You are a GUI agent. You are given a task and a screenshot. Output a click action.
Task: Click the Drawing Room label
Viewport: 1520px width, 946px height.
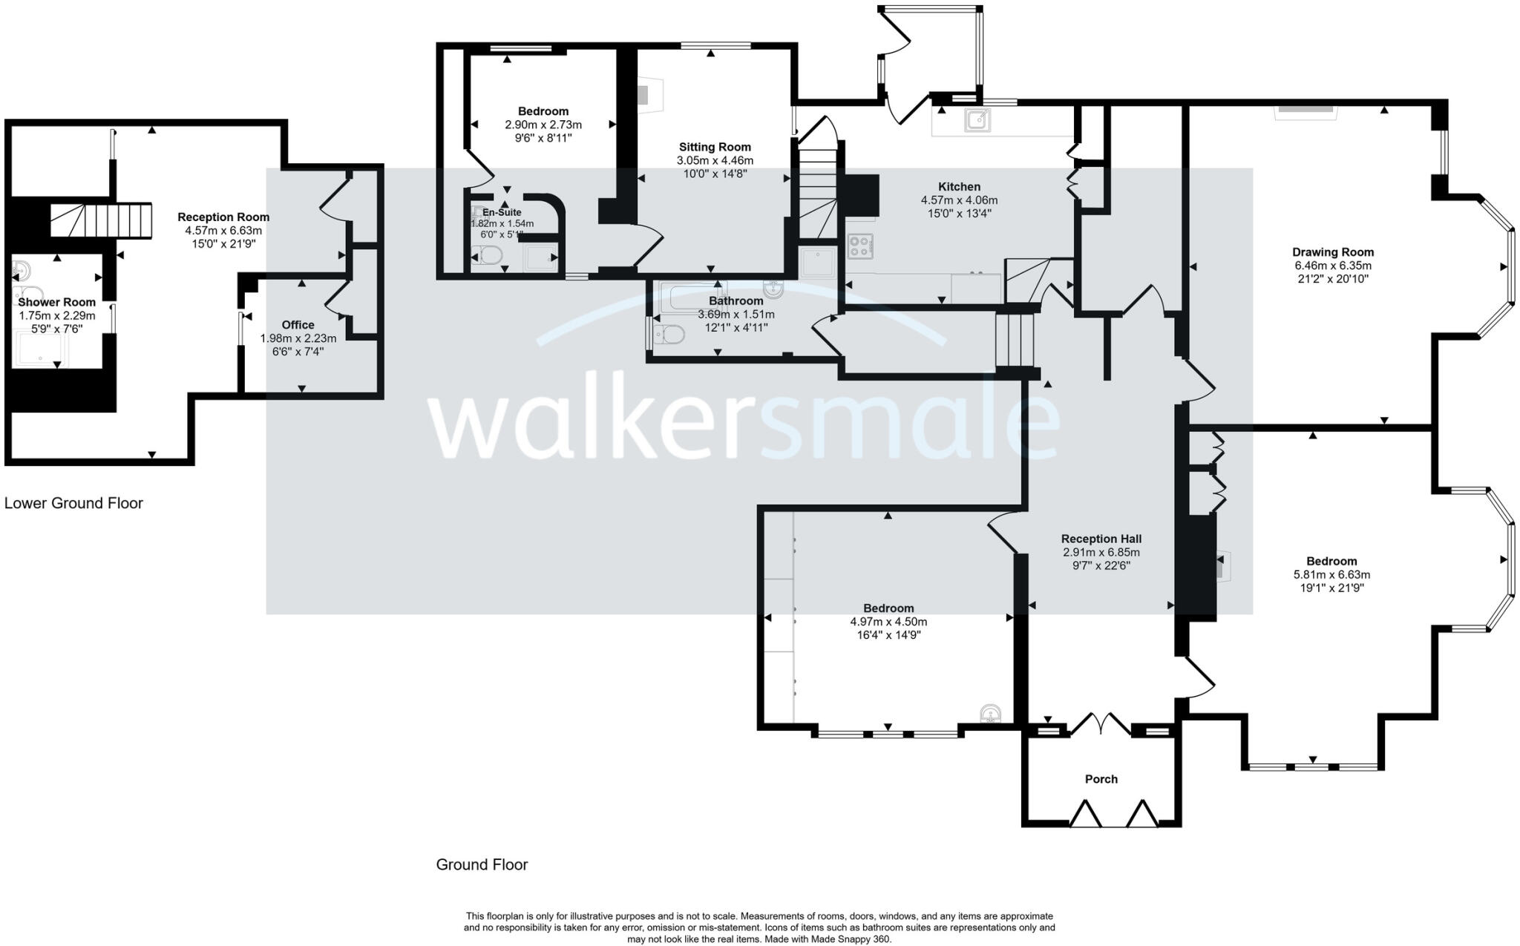tap(1333, 252)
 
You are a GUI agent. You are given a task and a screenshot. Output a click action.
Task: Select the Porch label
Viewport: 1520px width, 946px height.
tap(1101, 779)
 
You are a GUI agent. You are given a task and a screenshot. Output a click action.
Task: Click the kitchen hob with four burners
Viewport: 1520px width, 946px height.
tap(860, 246)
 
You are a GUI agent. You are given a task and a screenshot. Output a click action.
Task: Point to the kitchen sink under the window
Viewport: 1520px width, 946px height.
tap(977, 119)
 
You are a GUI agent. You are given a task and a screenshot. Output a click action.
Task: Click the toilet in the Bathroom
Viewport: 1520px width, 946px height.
tap(669, 335)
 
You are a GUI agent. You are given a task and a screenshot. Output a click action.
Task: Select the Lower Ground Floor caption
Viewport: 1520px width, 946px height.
tap(73, 503)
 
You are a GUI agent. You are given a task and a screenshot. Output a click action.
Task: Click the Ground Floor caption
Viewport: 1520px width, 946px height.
tap(482, 864)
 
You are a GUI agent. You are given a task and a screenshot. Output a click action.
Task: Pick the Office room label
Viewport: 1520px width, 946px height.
tap(298, 325)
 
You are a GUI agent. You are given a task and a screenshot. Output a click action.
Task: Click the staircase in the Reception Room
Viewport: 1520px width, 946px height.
tap(100, 220)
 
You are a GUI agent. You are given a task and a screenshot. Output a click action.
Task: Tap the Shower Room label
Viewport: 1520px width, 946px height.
tap(56, 303)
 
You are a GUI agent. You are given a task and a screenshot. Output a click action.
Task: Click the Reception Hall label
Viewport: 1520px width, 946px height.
tap(1101, 539)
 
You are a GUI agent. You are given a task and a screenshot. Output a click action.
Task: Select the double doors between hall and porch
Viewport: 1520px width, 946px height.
tap(1101, 723)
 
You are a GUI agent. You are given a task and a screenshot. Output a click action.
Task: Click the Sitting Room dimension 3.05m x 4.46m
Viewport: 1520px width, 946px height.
tap(714, 160)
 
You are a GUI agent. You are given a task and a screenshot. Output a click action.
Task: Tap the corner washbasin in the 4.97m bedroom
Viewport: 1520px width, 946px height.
tap(991, 714)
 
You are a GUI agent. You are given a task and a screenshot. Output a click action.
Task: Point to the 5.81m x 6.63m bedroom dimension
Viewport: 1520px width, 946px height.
tap(1331, 574)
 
